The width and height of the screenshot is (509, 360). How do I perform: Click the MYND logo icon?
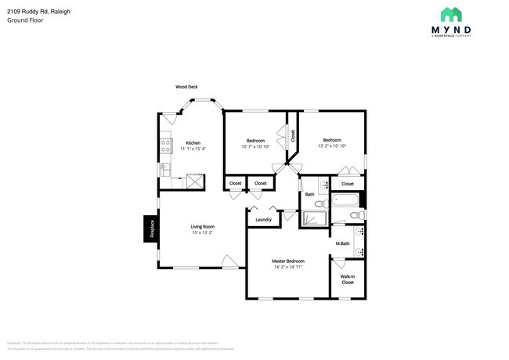[x=451, y=14]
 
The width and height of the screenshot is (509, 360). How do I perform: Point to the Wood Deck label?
[x=186, y=87]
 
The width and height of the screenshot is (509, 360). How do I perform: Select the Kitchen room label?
[x=193, y=142]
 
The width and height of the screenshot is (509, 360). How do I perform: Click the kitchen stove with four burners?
[x=166, y=144]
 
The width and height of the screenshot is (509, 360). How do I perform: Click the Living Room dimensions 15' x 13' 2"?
[x=202, y=232]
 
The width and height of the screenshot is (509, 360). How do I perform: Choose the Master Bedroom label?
[x=288, y=261]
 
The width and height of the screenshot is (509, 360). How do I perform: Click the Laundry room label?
[x=264, y=219]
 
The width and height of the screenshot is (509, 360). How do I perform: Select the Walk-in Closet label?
[x=348, y=279]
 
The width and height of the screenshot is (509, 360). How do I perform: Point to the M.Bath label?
[x=342, y=243]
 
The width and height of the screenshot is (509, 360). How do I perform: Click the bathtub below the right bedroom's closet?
[x=344, y=200]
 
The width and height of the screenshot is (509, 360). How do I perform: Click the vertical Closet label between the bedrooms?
[x=293, y=135]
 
